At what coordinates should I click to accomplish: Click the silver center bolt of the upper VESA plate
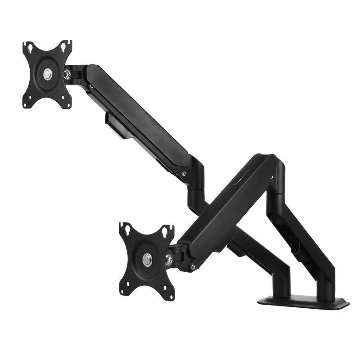[47, 74]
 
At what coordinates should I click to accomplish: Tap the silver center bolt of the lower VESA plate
[147, 259]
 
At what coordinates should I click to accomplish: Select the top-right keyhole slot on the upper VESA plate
[67, 45]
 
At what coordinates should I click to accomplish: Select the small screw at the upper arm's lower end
[184, 174]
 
